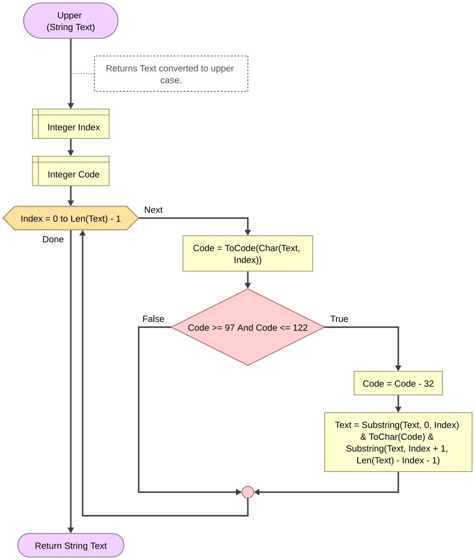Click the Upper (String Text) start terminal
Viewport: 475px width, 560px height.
(x=71, y=21)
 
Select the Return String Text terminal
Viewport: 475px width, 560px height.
(x=71, y=546)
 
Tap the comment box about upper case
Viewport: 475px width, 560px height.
(x=170, y=74)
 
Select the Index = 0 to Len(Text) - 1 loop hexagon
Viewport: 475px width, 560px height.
(x=71, y=218)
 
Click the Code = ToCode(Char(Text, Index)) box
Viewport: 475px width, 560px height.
(x=247, y=254)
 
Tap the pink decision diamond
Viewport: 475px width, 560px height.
(x=247, y=327)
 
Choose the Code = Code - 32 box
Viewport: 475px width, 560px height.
(x=398, y=384)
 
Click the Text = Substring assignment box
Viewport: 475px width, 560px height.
(x=397, y=442)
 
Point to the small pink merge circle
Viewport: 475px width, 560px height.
(x=247, y=492)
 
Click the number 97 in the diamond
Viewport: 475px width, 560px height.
(x=230, y=328)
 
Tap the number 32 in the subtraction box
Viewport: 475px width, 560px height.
(x=428, y=384)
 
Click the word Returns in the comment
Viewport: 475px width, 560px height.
(x=122, y=68)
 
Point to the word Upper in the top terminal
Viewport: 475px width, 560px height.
(x=70, y=16)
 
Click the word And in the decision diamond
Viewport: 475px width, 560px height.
(x=245, y=328)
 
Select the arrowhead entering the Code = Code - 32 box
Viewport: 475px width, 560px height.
(x=398, y=367)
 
